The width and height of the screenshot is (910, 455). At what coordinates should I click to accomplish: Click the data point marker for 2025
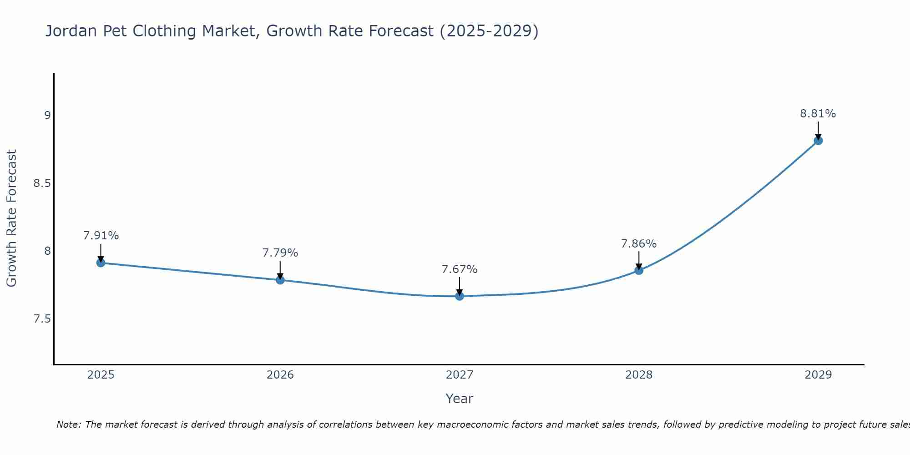click(101, 263)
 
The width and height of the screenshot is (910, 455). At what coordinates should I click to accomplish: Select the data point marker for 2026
click(280, 280)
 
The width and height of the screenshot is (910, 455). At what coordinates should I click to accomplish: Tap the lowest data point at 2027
click(460, 296)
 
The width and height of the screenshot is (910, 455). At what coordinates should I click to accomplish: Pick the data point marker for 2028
click(639, 270)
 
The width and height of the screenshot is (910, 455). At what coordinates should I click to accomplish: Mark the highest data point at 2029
click(818, 141)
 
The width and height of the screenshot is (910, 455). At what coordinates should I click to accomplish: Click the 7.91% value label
click(101, 236)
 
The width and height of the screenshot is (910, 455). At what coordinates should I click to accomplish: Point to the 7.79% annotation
click(280, 253)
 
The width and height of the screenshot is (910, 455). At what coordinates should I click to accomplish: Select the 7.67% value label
click(460, 269)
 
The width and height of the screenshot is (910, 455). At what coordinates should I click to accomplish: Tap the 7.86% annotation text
click(639, 244)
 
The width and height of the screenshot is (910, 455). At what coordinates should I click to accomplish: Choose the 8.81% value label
click(818, 114)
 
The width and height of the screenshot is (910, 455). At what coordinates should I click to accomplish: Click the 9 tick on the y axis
click(47, 115)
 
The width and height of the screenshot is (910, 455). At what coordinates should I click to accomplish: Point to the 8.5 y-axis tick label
click(42, 183)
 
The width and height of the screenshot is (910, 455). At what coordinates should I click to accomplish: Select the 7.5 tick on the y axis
click(42, 319)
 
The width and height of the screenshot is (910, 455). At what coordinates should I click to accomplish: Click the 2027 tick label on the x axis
click(460, 375)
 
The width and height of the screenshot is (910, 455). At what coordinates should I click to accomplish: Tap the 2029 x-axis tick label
click(818, 375)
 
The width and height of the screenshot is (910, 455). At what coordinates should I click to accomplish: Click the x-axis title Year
click(460, 399)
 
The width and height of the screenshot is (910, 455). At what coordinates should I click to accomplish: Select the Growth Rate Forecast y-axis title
click(11, 218)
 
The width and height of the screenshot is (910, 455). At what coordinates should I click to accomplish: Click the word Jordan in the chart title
click(71, 31)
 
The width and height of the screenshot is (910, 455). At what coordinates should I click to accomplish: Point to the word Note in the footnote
click(68, 425)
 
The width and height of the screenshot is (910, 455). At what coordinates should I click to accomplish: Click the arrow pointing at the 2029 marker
click(818, 130)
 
